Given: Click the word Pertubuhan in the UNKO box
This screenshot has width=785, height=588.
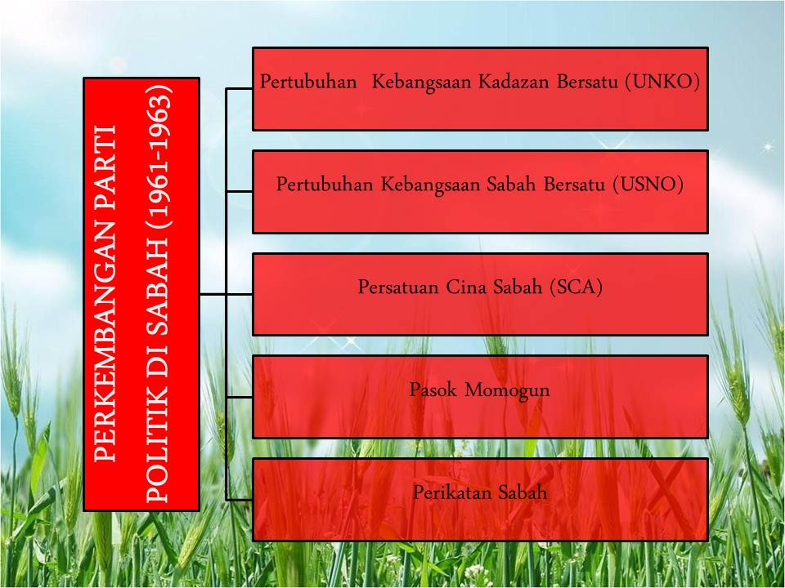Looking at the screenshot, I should [308, 82].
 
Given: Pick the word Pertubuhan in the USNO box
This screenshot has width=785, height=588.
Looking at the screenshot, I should [325, 185].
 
